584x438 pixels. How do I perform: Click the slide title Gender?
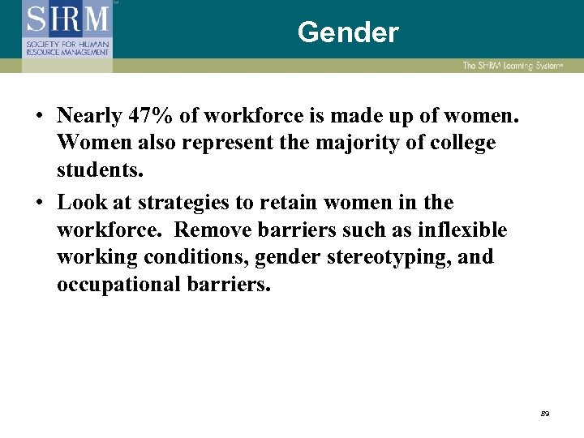pos(348,32)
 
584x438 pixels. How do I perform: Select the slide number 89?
pos(544,414)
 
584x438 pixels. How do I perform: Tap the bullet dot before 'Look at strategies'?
pos(39,203)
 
